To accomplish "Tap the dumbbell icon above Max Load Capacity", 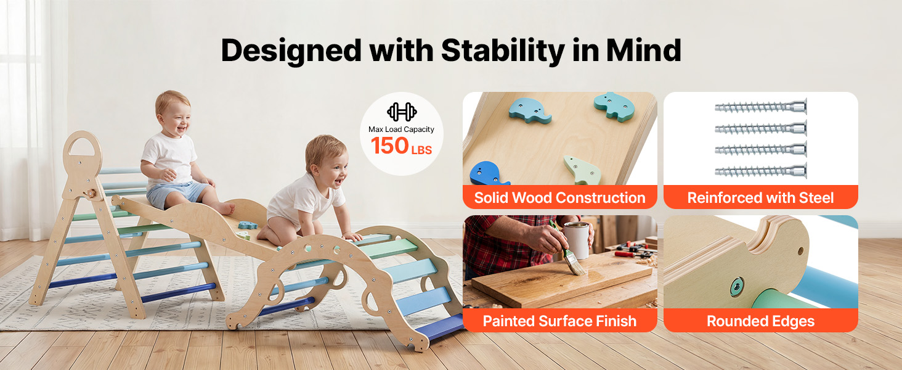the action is [402, 112].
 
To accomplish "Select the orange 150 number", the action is [389, 146].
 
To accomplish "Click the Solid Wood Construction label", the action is [559, 197].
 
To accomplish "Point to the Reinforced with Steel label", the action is [760, 197].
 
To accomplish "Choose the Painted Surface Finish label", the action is [559, 321].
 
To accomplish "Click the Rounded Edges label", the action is [760, 321].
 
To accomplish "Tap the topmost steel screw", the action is [761, 107].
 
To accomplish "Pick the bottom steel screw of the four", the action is [761, 171].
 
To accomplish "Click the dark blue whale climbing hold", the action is [488, 173].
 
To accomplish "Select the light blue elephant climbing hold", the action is [529, 111].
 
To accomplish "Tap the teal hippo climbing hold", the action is [614, 106].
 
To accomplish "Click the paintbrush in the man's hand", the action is [568, 249].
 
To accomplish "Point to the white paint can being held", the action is [577, 240].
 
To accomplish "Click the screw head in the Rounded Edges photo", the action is [736, 287].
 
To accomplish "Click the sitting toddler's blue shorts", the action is [175, 192].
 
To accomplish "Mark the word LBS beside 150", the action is [421, 150].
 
